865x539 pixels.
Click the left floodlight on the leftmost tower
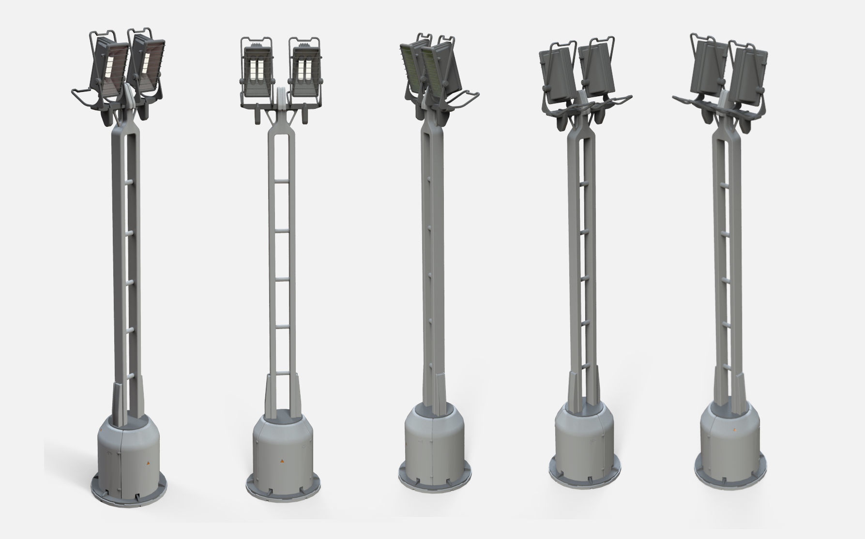[110, 65]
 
